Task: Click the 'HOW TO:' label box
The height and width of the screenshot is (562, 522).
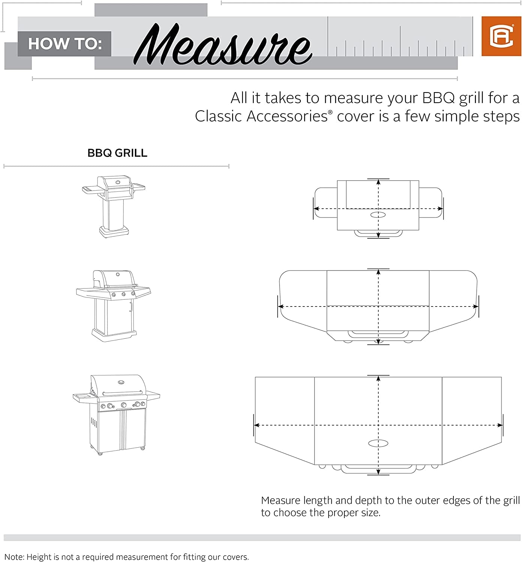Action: pos(64,44)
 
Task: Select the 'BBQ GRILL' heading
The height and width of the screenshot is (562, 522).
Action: pos(117,153)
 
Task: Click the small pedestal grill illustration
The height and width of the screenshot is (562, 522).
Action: pos(114,207)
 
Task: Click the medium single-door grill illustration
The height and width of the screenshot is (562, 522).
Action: pos(114,305)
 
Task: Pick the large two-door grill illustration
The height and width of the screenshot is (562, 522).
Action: pos(117,414)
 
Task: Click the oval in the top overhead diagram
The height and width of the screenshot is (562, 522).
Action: pos(378,215)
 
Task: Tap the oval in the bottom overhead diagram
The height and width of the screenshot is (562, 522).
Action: pos(378,443)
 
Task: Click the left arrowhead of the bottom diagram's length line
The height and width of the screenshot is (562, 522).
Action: pos(257,425)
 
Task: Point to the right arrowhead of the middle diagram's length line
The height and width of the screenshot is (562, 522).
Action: pos(476,306)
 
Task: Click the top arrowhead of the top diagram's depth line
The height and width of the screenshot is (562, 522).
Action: pos(378,182)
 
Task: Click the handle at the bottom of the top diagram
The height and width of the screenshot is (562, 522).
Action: pos(378,233)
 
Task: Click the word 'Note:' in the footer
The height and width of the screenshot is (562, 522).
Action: pos(14,557)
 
